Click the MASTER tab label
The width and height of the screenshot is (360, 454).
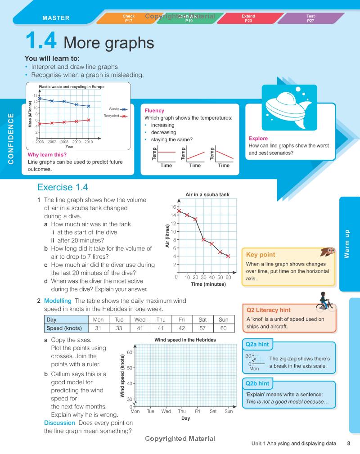coord(56,18)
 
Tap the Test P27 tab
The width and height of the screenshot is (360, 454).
coord(310,18)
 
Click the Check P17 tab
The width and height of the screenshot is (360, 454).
coord(128,18)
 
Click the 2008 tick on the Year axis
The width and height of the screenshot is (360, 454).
coord(64,142)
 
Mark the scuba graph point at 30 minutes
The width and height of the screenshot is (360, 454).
coord(203,239)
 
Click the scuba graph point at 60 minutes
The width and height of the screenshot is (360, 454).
coord(228,256)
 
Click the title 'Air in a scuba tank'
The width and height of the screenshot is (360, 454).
coord(207,194)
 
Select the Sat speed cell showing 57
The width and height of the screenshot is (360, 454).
coord(202,328)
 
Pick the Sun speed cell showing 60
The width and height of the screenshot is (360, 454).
coord(224,328)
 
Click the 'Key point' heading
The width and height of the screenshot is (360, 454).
coord(261,255)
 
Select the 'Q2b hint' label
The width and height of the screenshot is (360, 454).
coord(257,383)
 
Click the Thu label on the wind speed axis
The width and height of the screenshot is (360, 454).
coord(181,411)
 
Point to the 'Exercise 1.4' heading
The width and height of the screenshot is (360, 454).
coord(63,187)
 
